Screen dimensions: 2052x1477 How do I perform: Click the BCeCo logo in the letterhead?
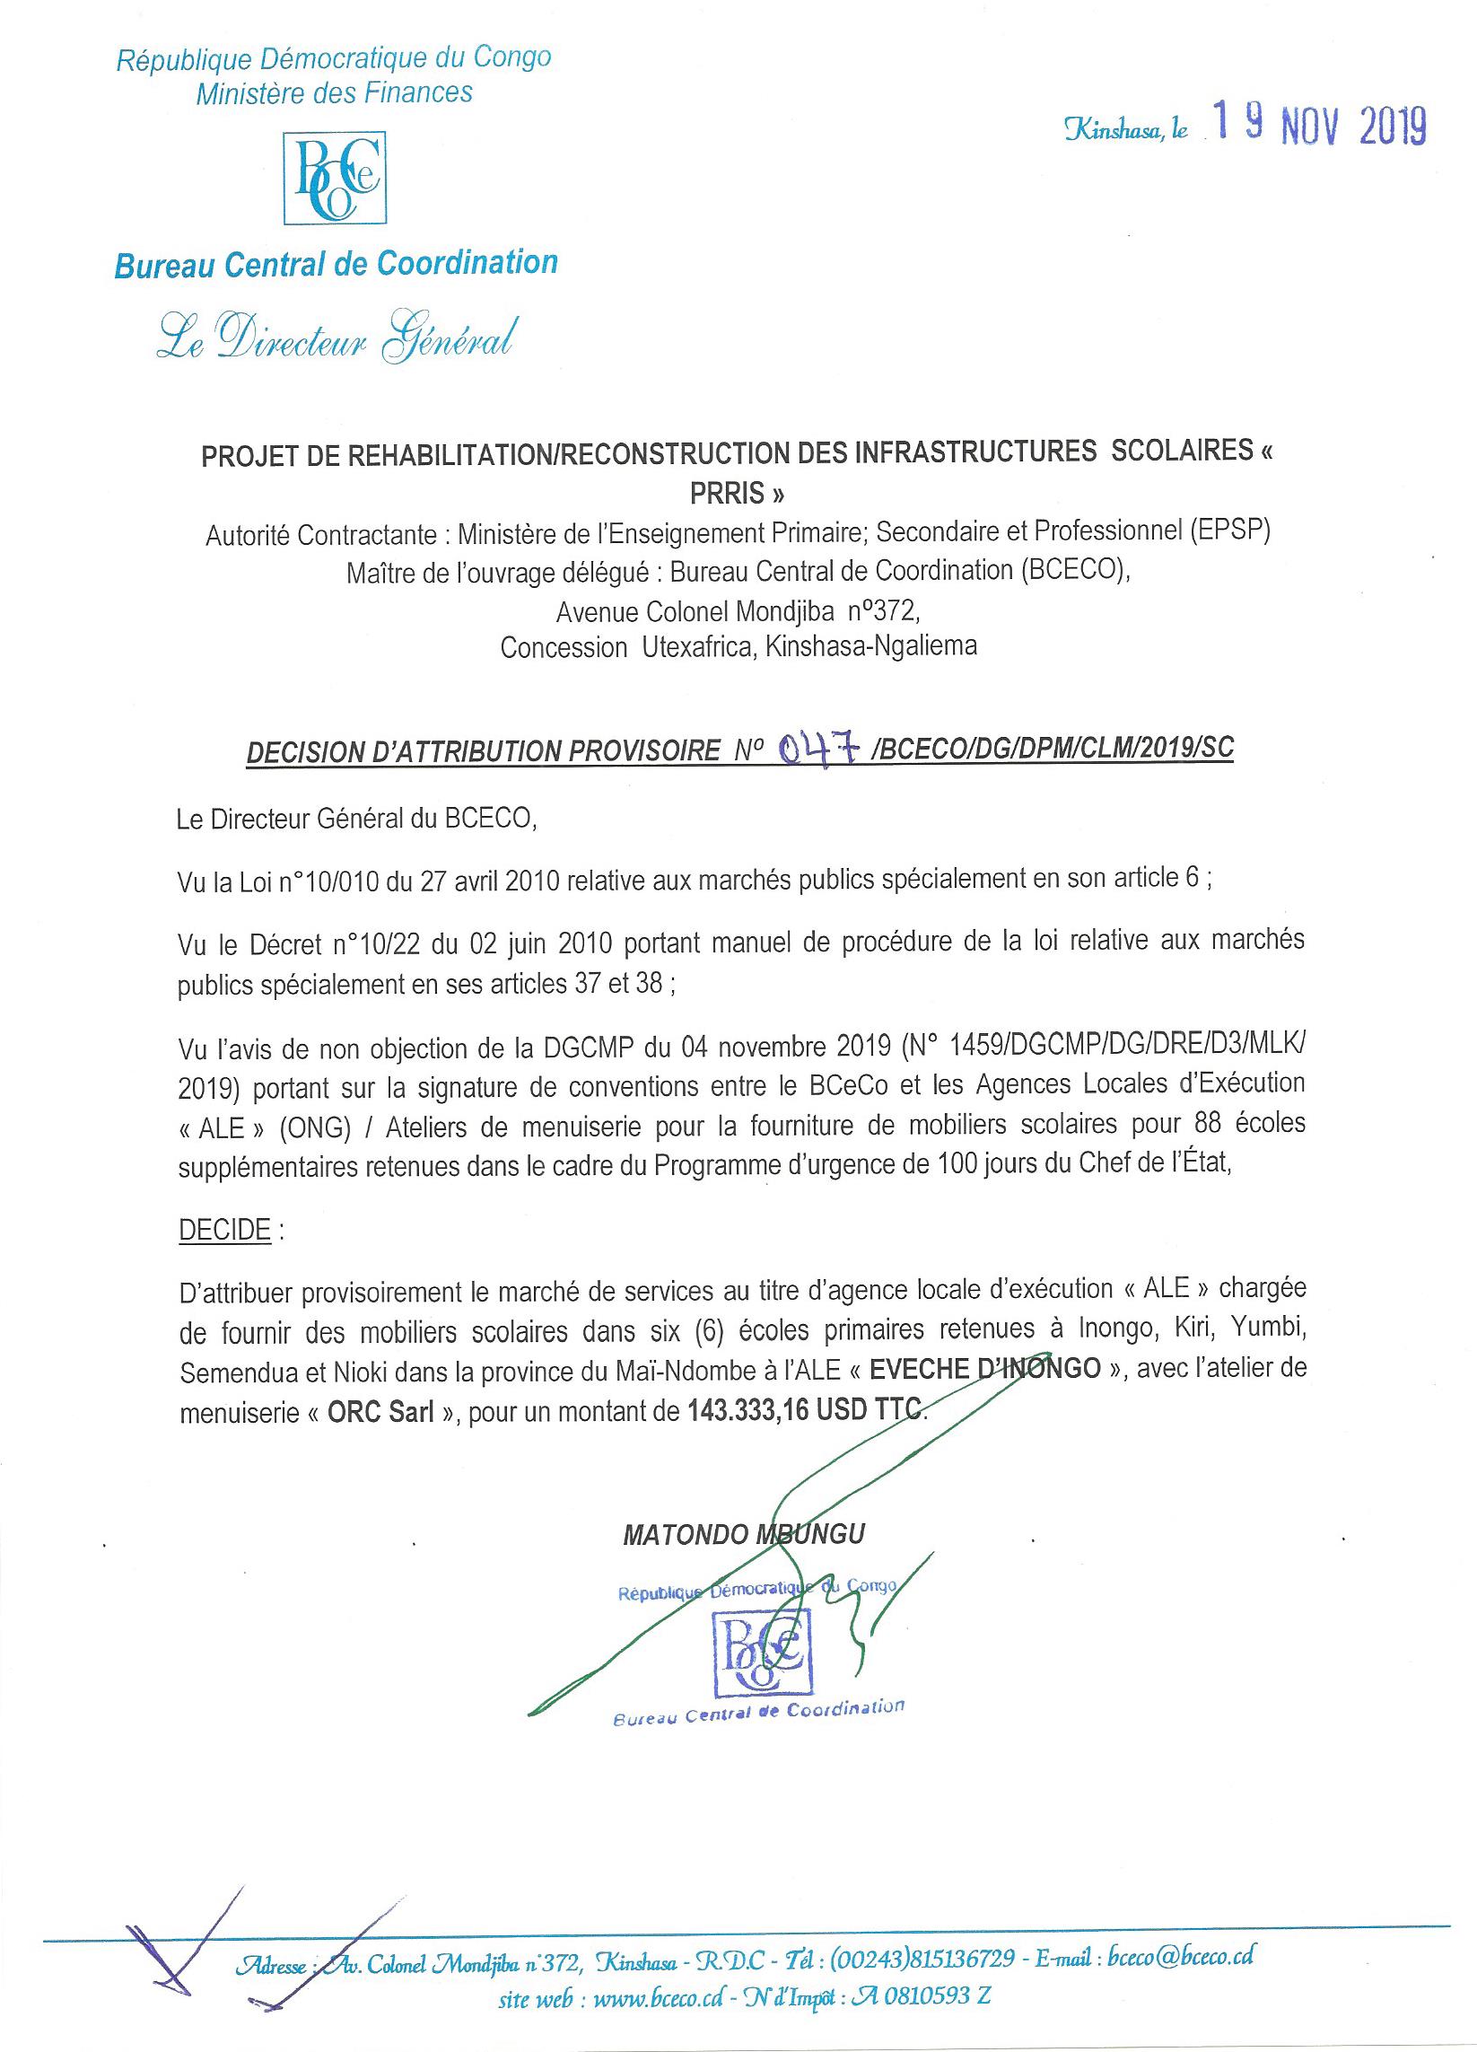335,179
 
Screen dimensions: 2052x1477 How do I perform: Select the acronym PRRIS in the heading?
736,495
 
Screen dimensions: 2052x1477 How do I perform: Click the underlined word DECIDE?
224,1231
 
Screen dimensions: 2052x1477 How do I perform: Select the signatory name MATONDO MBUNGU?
744,1533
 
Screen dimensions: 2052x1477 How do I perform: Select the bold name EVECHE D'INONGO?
984,1368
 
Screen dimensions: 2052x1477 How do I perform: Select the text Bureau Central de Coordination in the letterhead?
336,264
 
